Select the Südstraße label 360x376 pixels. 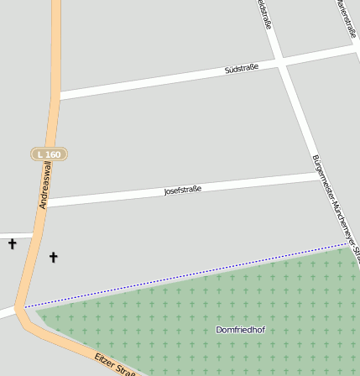click(x=242, y=68)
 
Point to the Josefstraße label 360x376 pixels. click(x=182, y=191)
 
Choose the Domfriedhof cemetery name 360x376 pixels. click(x=240, y=330)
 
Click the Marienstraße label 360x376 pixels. click(x=347, y=18)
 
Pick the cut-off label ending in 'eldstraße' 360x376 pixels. click(x=264, y=14)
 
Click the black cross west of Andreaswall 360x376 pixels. click(x=12, y=244)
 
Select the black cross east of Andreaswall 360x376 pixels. click(x=54, y=257)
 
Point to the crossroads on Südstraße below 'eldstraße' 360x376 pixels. click(x=283, y=63)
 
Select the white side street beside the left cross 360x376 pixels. click(x=15, y=234)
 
